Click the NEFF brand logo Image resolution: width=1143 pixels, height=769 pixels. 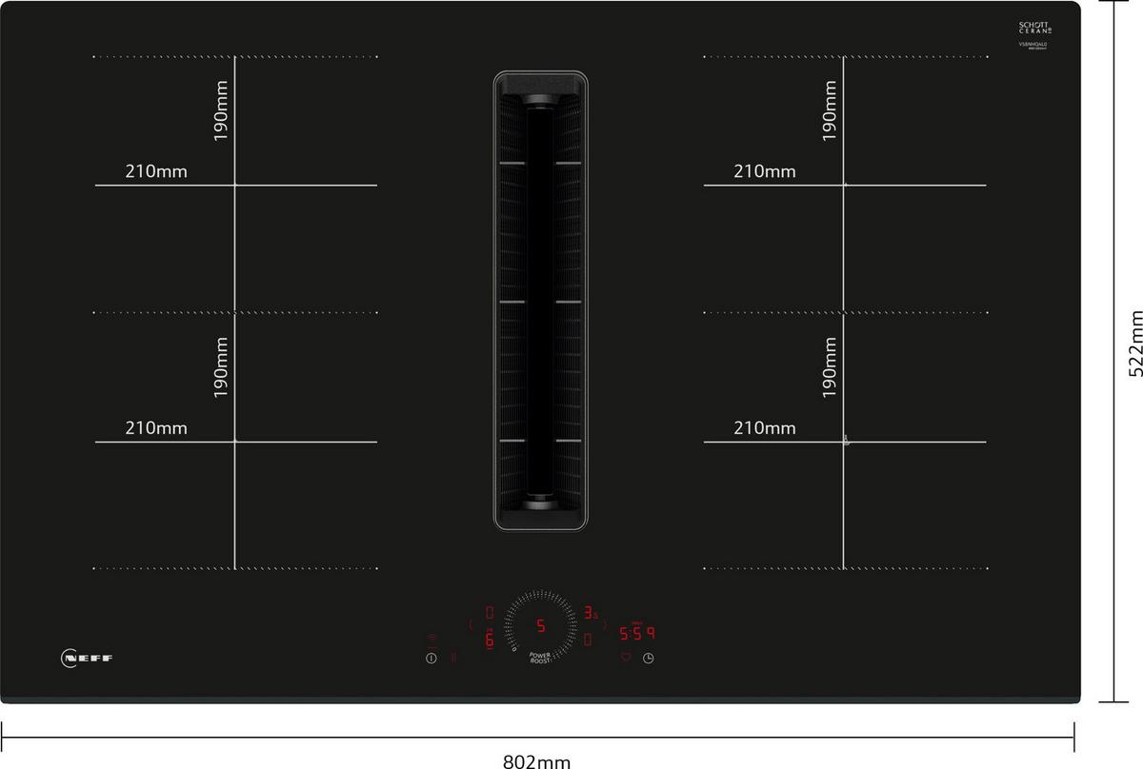point(87,658)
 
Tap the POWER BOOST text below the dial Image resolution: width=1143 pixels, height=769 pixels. point(540,658)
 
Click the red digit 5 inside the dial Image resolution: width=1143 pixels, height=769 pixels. point(540,626)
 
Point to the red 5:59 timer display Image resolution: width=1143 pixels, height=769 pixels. point(637,633)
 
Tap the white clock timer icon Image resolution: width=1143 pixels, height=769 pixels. point(649,658)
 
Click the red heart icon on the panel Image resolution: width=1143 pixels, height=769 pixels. point(626,658)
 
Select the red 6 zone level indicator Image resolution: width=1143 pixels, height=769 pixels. point(490,640)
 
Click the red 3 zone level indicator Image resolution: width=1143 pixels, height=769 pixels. point(590,613)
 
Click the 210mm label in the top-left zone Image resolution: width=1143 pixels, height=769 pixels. point(155,172)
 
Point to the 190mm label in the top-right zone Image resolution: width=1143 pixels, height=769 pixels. point(830,112)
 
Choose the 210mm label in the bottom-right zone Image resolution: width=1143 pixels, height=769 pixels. point(764,428)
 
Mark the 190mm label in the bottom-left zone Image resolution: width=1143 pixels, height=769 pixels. point(221,367)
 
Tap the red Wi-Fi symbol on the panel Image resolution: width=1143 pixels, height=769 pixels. point(431,639)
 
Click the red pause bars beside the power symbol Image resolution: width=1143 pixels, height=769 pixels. point(452,657)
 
